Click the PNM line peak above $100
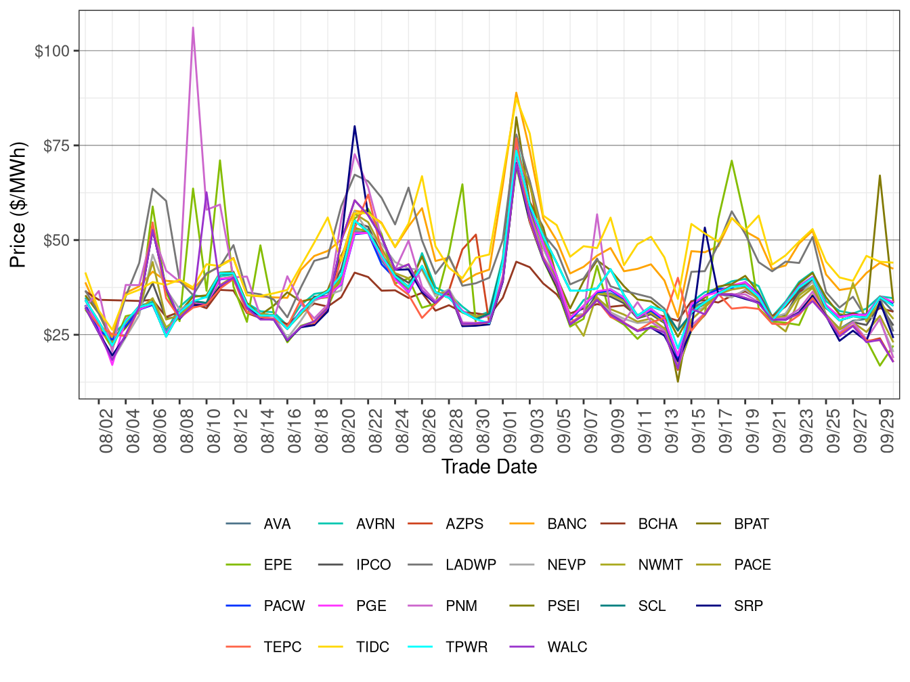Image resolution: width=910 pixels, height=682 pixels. [x=193, y=28]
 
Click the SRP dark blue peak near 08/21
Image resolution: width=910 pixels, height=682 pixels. [x=354, y=127]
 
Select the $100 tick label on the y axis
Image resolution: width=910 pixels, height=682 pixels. [x=52, y=51]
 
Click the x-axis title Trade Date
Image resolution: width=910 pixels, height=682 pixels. [x=489, y=467]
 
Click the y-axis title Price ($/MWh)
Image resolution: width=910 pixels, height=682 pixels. [x=18, y=205]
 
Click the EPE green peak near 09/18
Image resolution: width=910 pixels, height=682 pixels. [x=732, y=160]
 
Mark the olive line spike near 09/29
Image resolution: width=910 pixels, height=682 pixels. [x=880, y=175]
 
